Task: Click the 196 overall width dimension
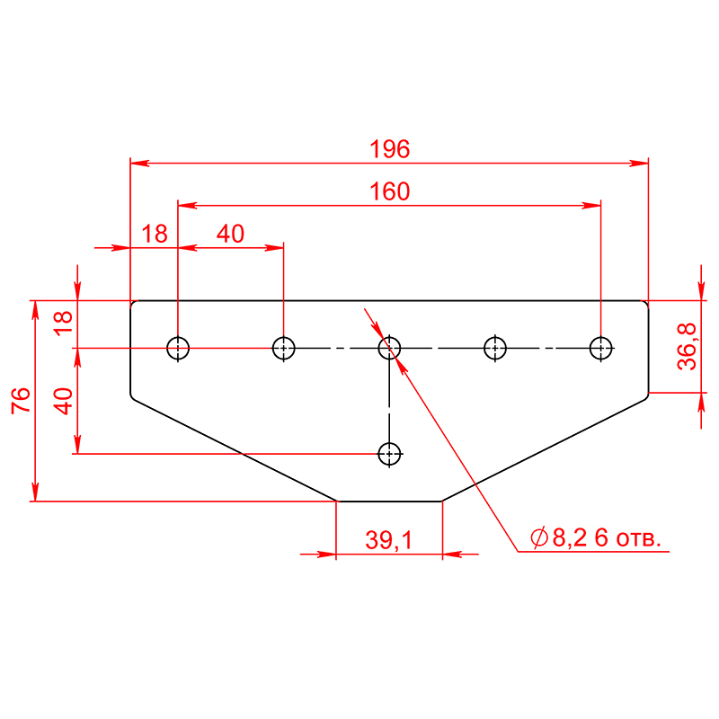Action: pyautogui.click(x=389, y=149)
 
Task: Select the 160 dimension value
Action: pyautogui.click(x=389, y=191)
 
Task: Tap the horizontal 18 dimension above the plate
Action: pyautogui.click(x=155, y=234)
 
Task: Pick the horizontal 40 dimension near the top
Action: pyautogui.click(x=230, y=234)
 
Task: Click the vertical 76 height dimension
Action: pyautogui.click(x=21, y=400)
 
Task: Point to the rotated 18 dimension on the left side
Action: pyautogui.click(x=63, y=324)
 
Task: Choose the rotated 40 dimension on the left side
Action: pyautogui.click(x=63, y=401)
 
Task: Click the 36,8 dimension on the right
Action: pyautogui.click(x=687, y=346)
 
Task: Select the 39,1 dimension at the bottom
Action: pyautogui.click(x=389, y=540)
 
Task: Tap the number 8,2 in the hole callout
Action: pyautogui.click(x=570, y=537)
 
